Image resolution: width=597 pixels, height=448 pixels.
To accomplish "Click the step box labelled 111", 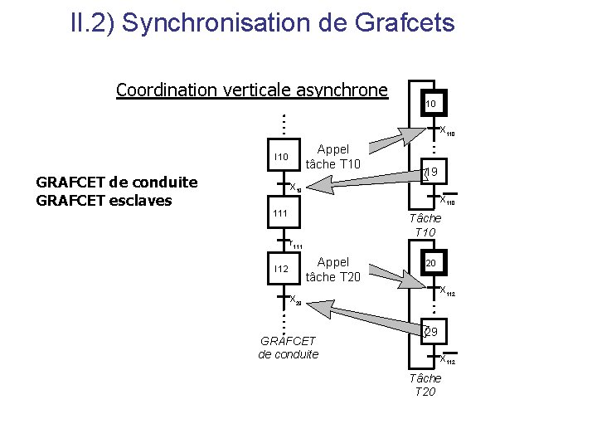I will (280, 214).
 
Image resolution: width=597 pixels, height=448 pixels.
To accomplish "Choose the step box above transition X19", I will (281, 157).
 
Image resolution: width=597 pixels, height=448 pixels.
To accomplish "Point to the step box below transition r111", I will (281, 269).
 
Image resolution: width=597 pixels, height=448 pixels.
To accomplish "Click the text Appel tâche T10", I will (332, 157).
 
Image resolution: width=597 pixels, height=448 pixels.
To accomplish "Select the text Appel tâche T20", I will (332, 270).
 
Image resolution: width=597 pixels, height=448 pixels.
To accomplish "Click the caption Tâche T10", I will (425, 225).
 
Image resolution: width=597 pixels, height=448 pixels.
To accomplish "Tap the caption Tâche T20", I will (425, 385).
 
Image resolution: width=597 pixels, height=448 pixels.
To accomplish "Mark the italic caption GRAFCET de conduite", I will (288, 348).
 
